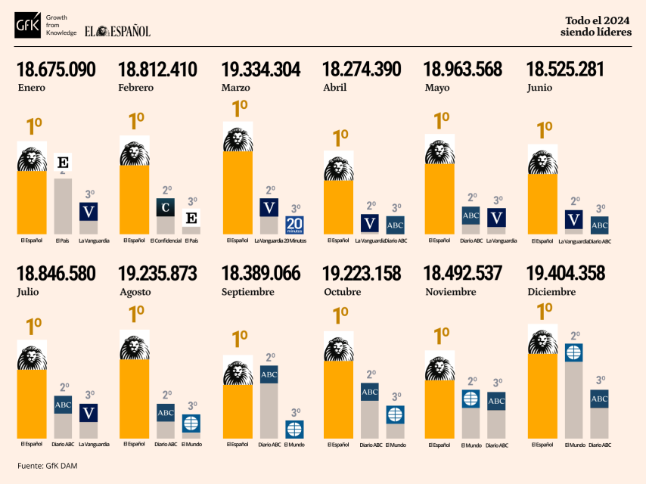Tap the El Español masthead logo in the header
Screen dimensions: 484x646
point(117,31)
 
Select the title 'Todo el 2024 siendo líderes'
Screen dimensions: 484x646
point(598,26)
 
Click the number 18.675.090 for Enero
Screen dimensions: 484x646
point(56,70)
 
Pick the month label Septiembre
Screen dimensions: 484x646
point(248,292)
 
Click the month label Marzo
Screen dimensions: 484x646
point(236,88)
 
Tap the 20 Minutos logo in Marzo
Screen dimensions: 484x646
point(294,225)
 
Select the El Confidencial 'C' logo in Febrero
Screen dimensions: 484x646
point(166,206)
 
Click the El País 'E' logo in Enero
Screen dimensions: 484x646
point(64,163)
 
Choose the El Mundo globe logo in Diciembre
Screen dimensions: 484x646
point(574,352)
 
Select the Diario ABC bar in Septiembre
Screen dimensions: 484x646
point(269,408)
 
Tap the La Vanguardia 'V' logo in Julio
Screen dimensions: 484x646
point(89,413)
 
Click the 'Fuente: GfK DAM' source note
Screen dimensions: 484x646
point(47,466)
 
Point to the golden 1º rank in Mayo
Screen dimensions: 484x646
point(441,120)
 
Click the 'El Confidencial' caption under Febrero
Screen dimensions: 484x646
point(166,241)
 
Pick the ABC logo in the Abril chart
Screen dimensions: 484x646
point(396,225)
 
